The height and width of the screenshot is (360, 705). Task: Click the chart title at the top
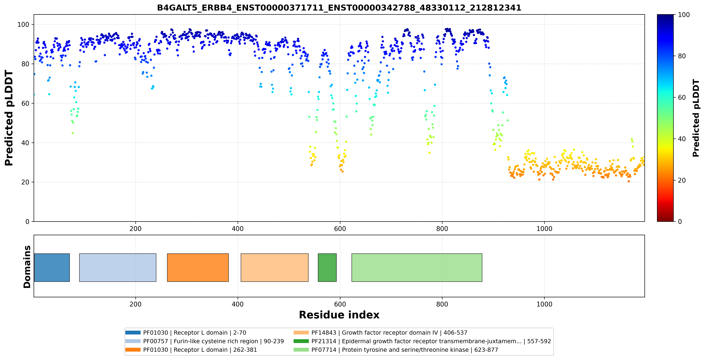click(x=339, y=8)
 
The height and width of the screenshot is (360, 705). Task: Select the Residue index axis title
click(x=339, y=315)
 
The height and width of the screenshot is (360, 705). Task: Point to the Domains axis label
click(x=27, y=267)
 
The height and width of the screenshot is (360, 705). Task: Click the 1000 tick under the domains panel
click(x=544, y=304)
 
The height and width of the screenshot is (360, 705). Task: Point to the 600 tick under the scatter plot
click(x=340, y=229)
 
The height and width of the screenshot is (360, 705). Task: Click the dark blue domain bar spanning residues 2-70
click(x=52, y=267)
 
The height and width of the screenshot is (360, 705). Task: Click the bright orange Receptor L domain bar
click(x=198, y=267)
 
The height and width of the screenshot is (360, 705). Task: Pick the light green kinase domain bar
click(x=417, y=267)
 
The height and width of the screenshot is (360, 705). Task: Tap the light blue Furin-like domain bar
click(x=118, y=267)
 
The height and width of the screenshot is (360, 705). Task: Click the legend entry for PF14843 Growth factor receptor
click(x=380, y=333)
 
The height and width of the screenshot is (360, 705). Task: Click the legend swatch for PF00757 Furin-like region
click(x=133, y=341)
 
